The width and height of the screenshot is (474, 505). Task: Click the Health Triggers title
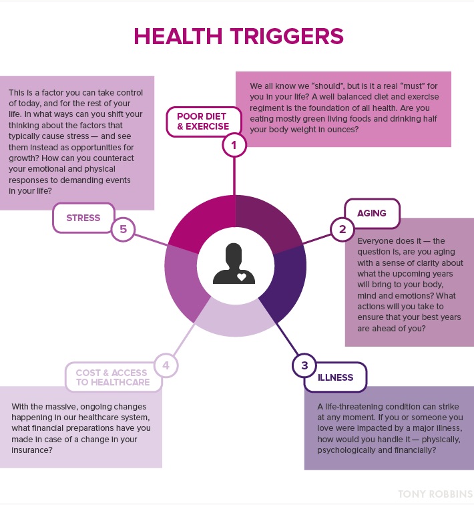238,36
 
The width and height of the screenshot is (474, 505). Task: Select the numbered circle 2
342,230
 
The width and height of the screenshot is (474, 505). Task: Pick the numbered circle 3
304,365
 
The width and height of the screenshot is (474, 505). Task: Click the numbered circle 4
166,365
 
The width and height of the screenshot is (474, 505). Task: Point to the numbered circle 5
123,230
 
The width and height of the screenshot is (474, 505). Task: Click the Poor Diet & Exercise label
202,121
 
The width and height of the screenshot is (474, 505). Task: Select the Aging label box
372,213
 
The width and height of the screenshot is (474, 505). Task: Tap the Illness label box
336,377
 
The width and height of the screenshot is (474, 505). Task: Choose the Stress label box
83,218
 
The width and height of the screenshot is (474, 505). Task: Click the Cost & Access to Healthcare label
112,377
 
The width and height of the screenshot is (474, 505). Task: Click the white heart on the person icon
242,275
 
